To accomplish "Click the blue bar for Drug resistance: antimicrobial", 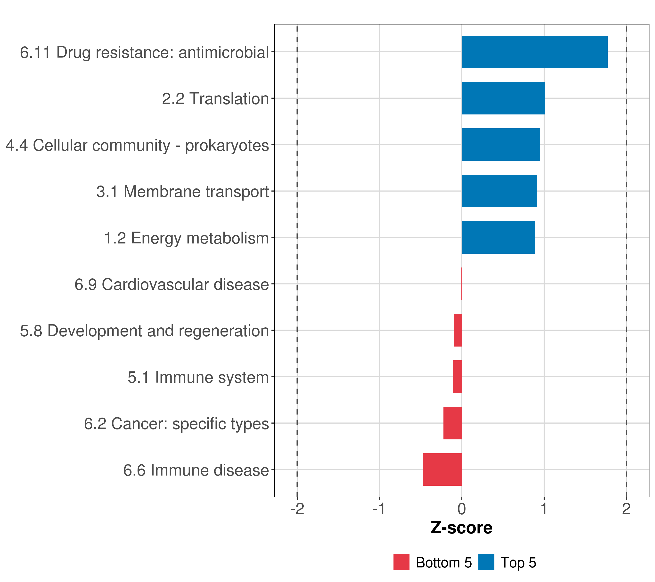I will pyautogui.click(x=534, y=52).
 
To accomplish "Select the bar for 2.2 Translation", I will pyautogui.click(x=503, y=98).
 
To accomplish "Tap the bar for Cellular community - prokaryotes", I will pyautogui.click(x=500, y=145).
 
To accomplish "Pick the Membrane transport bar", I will pyautogui.click(x=499, y=191).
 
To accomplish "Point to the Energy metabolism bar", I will pyautogui.click(x=498, y=237).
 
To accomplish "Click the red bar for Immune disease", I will pyautogui.click(x=442, y=469).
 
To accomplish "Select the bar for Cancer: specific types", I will pyautogui.click(x=452, y=423).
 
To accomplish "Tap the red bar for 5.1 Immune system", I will pyautogui.click(x=457, y=377).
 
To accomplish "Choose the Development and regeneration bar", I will pyautogui.click(x=458, y=330).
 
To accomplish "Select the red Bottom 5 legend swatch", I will pyautogui.click(x=401, y=562).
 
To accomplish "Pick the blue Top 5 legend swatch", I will pyautogui.click(x=486, y=562).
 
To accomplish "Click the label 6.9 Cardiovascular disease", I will pyautogui.click(x=172, y=284).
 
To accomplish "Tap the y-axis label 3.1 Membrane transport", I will pyautogui.click(x=182, y=192).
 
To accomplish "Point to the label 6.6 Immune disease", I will pyautogui.click(x=196, y=470).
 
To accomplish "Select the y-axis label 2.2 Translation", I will pyautogui.click(x=215, y=99).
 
